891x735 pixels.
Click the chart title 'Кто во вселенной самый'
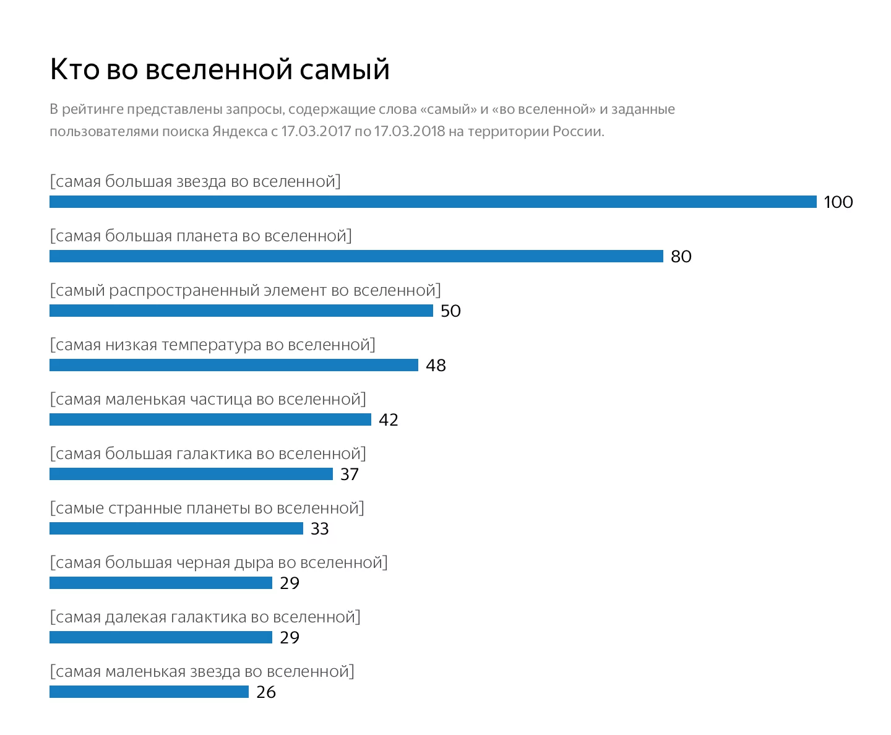click(x=220, y=69)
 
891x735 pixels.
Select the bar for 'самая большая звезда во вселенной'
click(x=433, y=202)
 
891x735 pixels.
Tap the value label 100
click(x=838, y=202)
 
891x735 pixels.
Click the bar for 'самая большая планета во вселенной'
click(x=356, y=256)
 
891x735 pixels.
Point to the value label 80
click(x=681, y=257)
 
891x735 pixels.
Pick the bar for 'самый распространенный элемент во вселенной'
click(x=241, y=311)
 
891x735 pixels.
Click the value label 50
click(x=450, y=311)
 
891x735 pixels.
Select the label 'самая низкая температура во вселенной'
click(x=212, y=345)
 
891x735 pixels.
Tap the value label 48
click(x=436, y=366)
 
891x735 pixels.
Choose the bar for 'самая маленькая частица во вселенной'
click(x=210, y=419)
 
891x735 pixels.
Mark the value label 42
click(x=389, y=420)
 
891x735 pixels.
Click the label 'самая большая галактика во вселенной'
click(x=208, y=453)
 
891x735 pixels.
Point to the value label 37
click(x=350, y=475)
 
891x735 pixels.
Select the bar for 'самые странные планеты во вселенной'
click(x=176, y=528)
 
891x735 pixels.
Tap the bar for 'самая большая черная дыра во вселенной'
click(x=161, y=583)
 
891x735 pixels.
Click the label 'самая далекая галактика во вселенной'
click(x=205, y=617)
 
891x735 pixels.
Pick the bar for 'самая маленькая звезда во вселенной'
click(x=149, y=692)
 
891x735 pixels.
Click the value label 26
click(x=266, y=692)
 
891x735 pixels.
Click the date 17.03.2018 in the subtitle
click(x=409, y=132)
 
